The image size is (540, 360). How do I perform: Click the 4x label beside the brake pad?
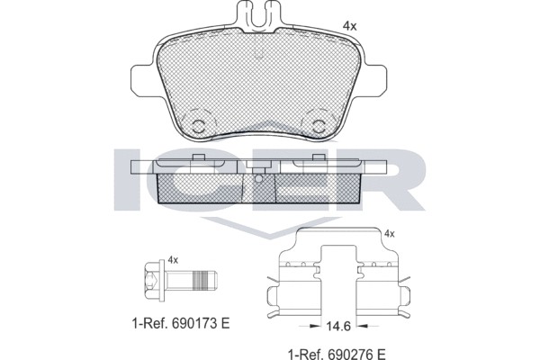[x=350, y=26]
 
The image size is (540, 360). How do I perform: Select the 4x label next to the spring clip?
[x=390, y=233]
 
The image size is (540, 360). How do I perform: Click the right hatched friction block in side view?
[x=315, y=187]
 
